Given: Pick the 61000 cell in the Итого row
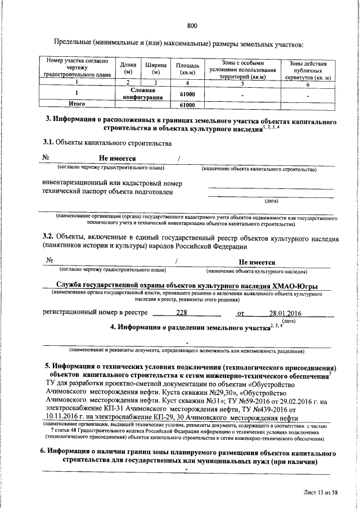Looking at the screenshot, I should tap(187, 105).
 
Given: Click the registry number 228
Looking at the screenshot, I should tap(182, 313).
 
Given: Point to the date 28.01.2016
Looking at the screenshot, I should tap(285, 313).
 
